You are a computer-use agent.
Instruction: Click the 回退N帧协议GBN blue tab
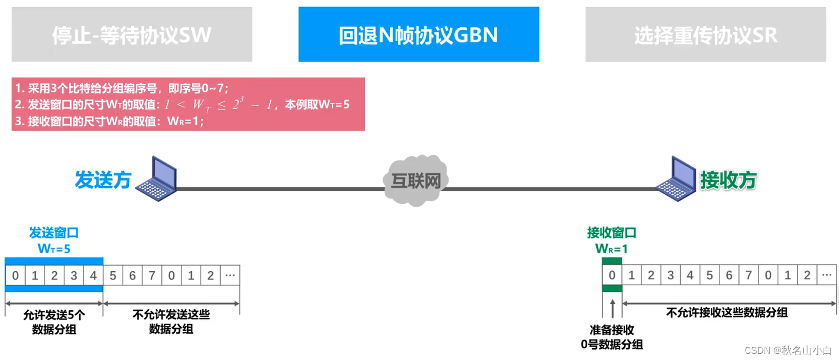pyautogui.click(x=418, y=34)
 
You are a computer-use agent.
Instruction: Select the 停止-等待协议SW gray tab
pyautogui.click(x=132, y=34)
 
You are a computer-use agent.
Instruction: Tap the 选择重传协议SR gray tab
pyautogui.click(x=706, y=34)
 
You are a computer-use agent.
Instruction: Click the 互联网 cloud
pyautogui.click(x=416, y=181)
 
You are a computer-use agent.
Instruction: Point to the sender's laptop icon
pyautogui.click(x=157, y=179)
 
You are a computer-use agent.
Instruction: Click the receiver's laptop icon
pyautogui.click(x=677, y=179)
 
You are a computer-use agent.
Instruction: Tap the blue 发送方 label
pyautogui.click(x=103, y=180)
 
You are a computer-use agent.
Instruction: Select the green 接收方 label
pyautogui.click(x=728, y=180)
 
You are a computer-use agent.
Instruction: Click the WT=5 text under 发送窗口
pyautogui.click(x=54, y=249)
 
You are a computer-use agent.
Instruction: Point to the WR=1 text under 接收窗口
pyautogui.click(x=611, y=249)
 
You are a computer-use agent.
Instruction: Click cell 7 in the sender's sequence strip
pyautogui.click(x=152, y=276)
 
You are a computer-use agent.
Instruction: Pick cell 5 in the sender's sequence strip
pyautogui.click(x=113, y=276)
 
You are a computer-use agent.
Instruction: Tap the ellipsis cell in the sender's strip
pyautogui.click(x=230, y=276)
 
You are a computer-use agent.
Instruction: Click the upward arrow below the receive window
pyautogui.click(x=612, y=309)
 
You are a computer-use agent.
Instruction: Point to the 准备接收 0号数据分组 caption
pyautogui.click(x=612, y=337)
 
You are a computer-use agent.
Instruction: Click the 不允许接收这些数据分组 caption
pyautogui.click(x=727, y=312)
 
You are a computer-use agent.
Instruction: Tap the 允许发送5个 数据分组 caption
pyautogui.click(x=54, y=322)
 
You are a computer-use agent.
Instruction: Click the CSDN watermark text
pyautogui.click(x=788, y=350)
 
